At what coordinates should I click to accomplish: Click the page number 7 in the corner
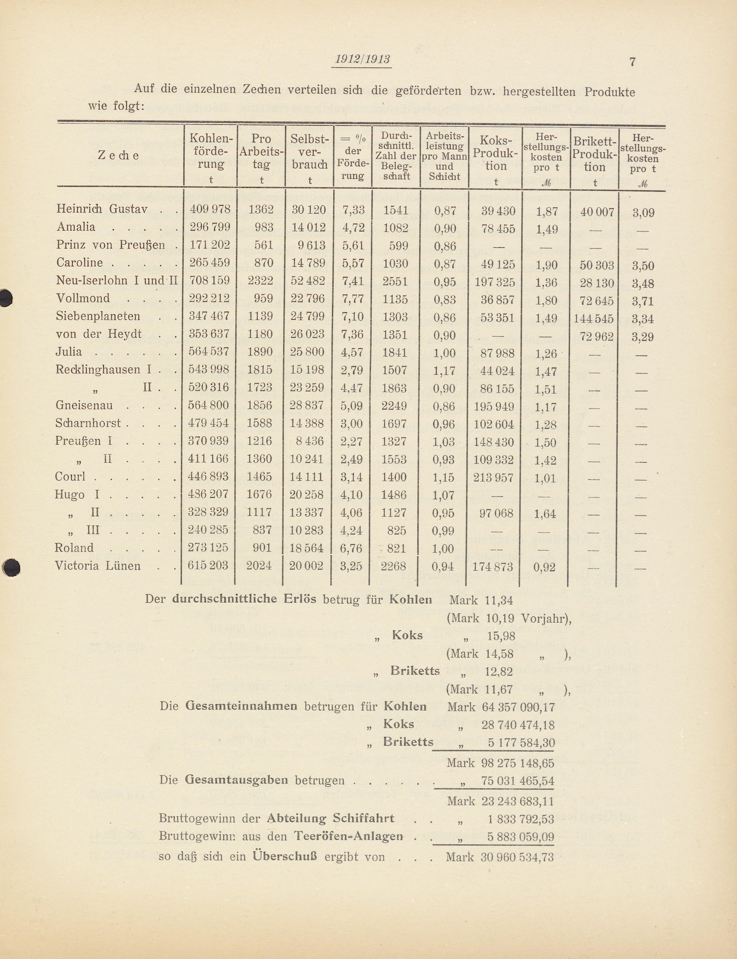click(x=632, y=62)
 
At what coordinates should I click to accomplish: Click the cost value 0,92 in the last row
click(x=544, y=567)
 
